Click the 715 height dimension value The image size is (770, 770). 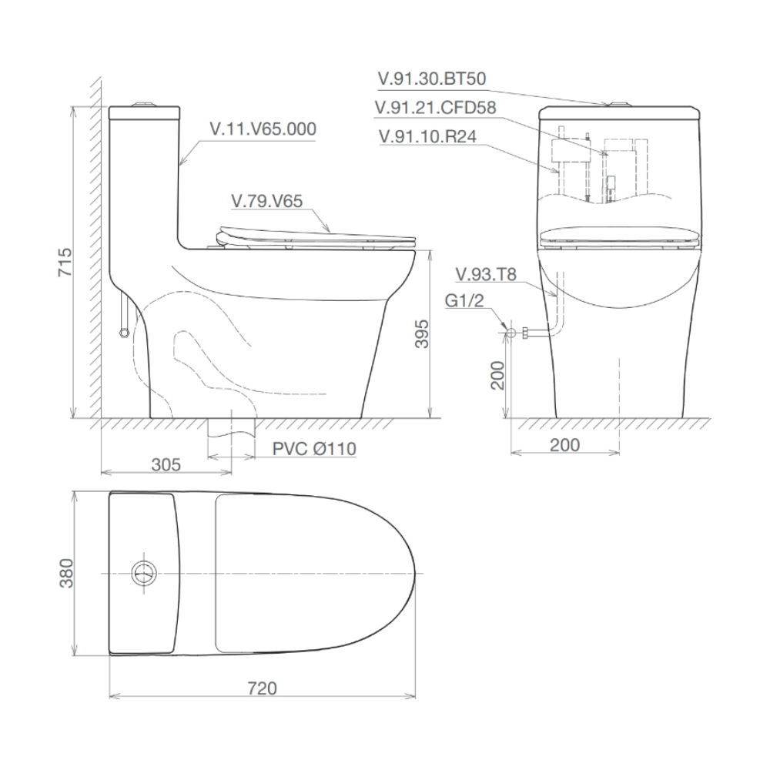(x=65, y=263)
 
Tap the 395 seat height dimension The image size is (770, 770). (x=422, y=334)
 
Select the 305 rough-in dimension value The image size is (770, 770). (x=166, y=464)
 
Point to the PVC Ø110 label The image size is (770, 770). (x=314, y=449)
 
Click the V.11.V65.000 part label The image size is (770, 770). (x=263, y=129)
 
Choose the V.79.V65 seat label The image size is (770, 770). (x=266, y=201)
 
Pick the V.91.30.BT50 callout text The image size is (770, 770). (x=432, y=79)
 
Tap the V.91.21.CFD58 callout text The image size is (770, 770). (x=435, y=108)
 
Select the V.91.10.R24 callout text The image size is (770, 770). (x=427, y=136)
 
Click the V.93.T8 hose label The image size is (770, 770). (x=486, y=275)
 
